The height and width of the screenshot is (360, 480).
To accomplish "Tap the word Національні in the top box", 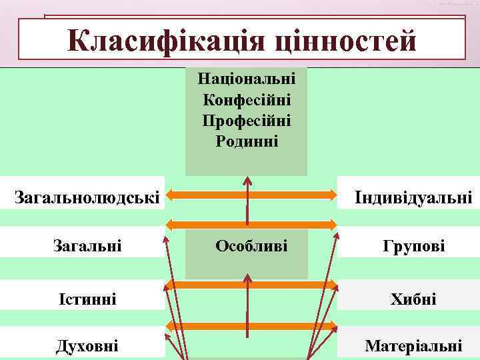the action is click(247, 79).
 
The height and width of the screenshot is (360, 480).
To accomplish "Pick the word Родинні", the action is click(247, 141).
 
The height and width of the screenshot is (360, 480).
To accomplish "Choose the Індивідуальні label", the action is click(413, 197).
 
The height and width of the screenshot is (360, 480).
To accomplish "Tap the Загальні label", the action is click(87, 246).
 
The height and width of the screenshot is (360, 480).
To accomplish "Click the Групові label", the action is click(413, 246).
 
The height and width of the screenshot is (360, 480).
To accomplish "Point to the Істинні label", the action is click(87, 299).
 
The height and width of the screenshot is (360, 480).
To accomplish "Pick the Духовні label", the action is click(87, 345).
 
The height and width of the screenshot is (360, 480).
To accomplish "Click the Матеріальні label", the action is click(413, 346).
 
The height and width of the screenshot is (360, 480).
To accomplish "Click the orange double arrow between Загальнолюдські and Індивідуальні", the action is click(251, 195).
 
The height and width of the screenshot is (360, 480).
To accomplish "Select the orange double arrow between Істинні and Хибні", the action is click(251, 285).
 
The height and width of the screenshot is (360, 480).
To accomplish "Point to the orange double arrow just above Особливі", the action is click(251, 223).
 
